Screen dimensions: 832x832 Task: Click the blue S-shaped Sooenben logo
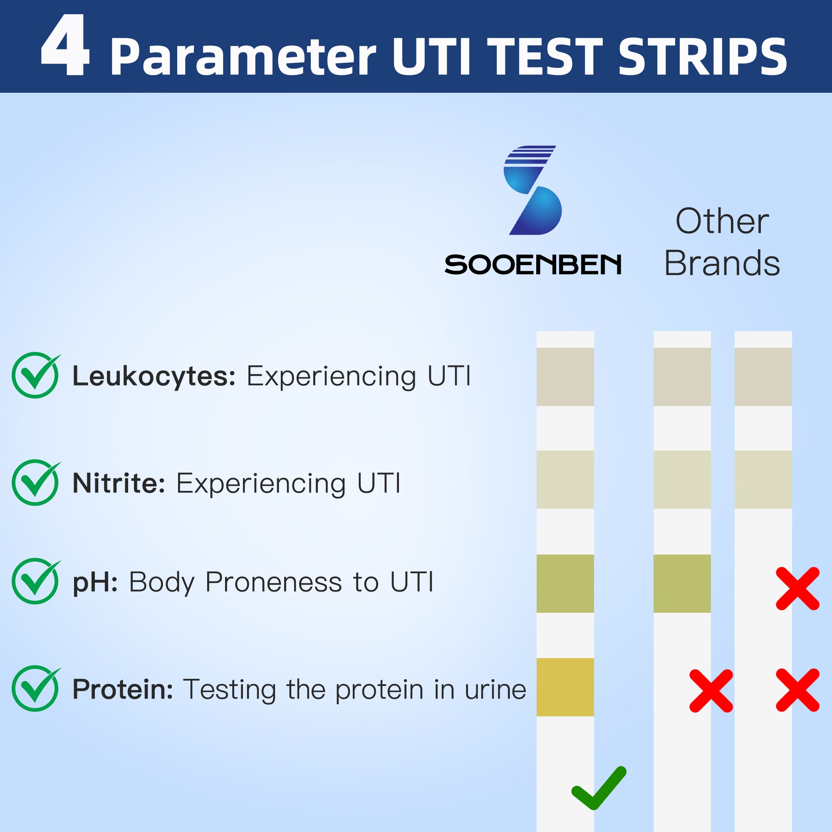pyautogui.click(x=533, y=190)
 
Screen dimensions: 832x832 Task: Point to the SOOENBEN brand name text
pyautogui.click(x=533, y=265)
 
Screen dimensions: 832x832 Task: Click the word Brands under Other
pyautogui.click(x=722, y=263)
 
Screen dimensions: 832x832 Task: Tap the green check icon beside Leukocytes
pyautogui.click(x=36, y=375)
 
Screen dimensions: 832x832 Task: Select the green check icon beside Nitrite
pyautogui.click(x=36, y=482)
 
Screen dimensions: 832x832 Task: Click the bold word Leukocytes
pyautogui.click(x=154, y=376)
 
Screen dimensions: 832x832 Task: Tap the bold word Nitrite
pyautogui.click(x=119, y=483)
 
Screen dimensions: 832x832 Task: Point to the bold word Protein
pyautogui.click(x=123, y=689)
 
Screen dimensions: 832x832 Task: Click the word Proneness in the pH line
pyautogui.click(x=274, y=582)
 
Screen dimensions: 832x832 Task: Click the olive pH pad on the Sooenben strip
pyautogui.click(x=565, y=584)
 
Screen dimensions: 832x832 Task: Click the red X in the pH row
pyautogui.click(x=797, y=588)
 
